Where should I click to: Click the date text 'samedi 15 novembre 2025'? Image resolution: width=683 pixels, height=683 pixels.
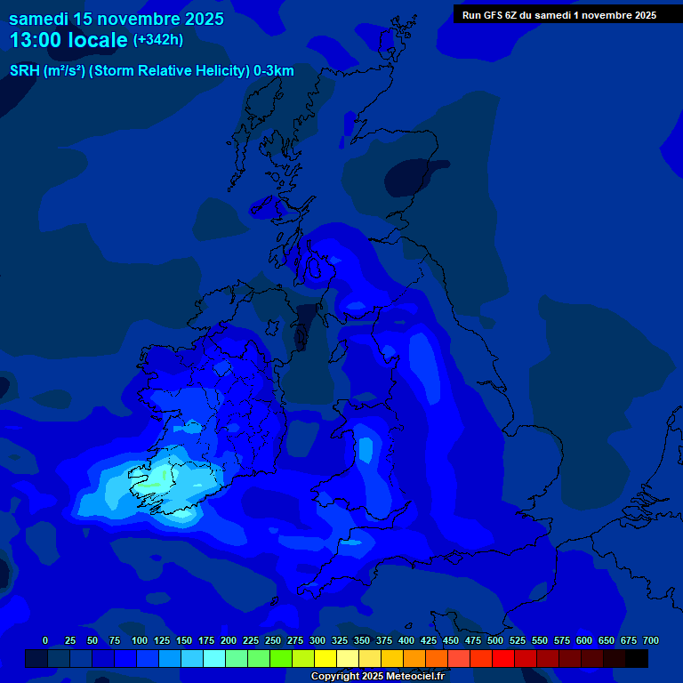[x=117, y=19]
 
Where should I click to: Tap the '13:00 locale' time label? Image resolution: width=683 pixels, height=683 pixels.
[x=68, y=40]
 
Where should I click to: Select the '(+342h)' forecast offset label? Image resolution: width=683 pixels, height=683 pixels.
[x=157, y=40]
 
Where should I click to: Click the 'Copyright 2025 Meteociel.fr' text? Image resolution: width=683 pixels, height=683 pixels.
[x=377, y=676]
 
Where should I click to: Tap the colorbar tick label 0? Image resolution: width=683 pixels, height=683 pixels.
[x=45, y=640]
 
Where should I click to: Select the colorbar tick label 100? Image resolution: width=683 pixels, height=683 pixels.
[x=140, y=640]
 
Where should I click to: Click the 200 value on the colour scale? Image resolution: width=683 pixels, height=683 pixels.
[x=229, y=640]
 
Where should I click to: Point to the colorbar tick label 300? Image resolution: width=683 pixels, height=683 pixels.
[x=317, y=640]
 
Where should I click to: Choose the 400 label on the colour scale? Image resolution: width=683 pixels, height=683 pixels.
[x=406, y=640]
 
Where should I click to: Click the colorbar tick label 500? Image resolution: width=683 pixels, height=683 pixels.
[x=495, y=640]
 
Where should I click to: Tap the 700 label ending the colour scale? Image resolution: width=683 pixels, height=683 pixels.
[x=650, y=640]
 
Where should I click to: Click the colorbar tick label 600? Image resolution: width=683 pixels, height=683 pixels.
[x=584, y=640]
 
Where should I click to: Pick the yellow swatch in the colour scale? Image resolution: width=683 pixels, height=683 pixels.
[x=325, y=658]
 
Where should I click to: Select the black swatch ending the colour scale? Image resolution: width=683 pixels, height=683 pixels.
[x=637, y=658]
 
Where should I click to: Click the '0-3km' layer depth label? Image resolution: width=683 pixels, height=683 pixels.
[x=273, y=71]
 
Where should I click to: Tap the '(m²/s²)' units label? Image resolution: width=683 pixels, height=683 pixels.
[x=60, y=71]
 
